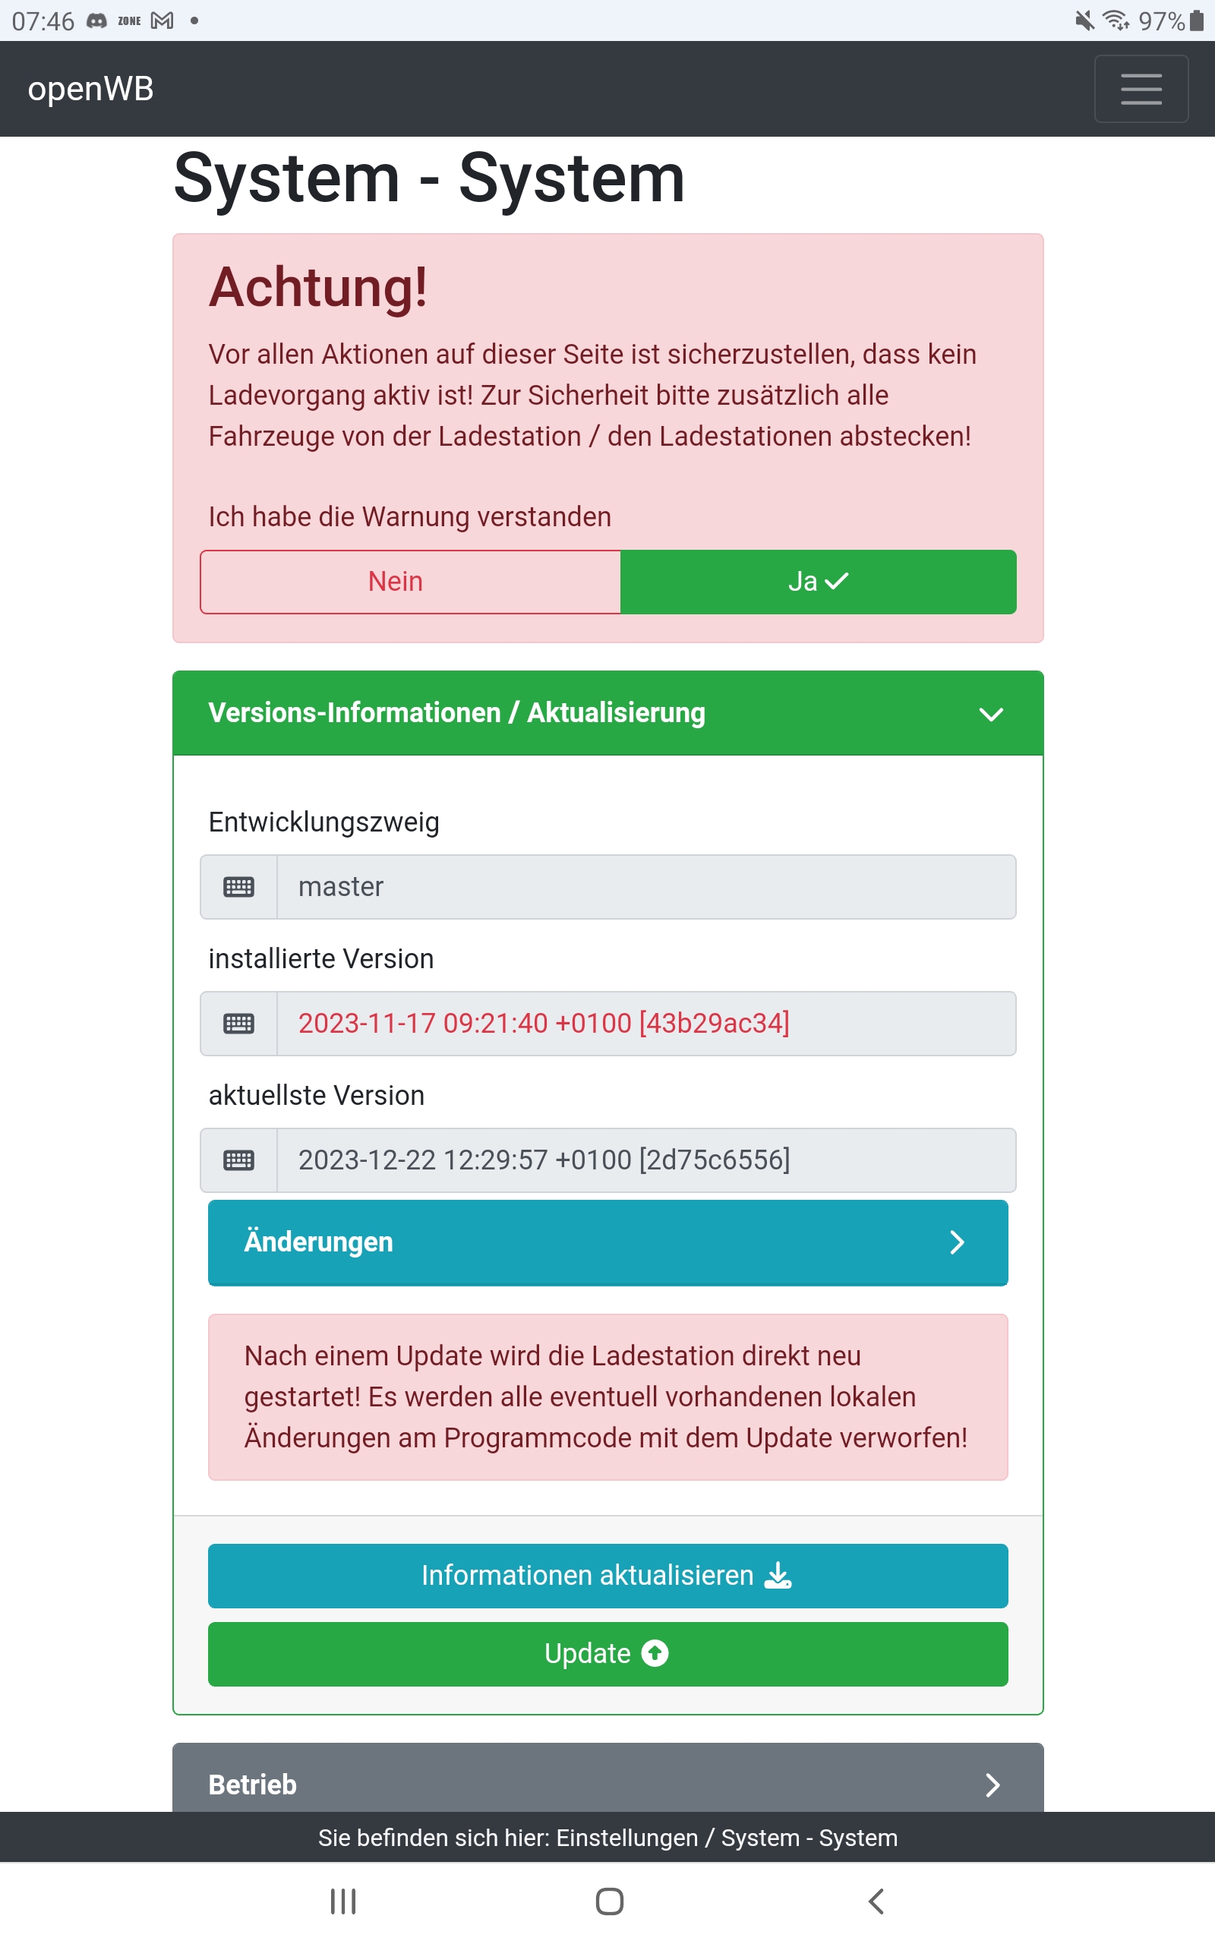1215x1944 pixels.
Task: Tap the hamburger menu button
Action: (x=1141, y=88)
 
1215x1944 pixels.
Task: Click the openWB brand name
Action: (x=90, y=88)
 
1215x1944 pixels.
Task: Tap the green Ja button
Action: (x=818, y=582)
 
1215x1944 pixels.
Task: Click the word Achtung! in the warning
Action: (x=318, y=288)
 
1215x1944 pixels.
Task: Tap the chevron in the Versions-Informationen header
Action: (x=991, y=714)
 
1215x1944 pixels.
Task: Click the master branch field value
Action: (x=341, y=887)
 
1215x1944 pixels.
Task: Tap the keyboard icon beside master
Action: (x=238, y=887)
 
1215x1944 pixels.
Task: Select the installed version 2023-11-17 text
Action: (x=543, y=1024)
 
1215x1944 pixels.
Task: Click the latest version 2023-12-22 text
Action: (x=543, y=1160)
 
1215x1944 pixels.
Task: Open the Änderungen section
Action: (x=607, y=1242)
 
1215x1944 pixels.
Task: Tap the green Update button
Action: (x=607, y=1653)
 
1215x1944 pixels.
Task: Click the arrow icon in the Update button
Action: (x=655, y=1653)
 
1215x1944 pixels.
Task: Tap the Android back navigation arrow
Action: (x=876, y=1901)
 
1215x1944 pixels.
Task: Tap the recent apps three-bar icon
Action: (x=343, y=1901)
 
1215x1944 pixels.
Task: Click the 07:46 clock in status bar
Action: (x=43, y=21)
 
